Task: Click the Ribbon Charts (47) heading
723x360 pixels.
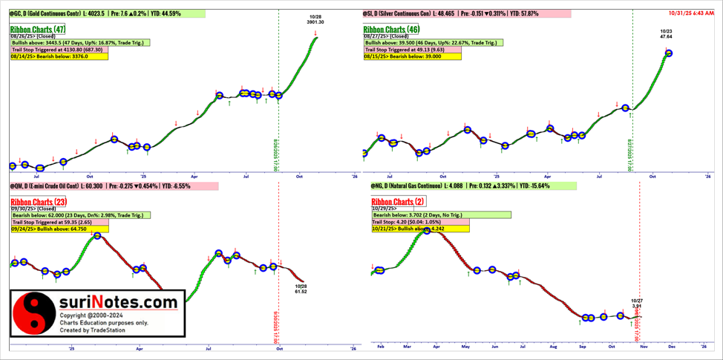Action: [x=38, y=30]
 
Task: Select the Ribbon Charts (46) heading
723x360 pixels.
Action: [x=390, y=30]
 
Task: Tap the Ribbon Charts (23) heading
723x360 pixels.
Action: [x=39, y=202]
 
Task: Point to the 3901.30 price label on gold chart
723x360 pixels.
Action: [x=315, y=22]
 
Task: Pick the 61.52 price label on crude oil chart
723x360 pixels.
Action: [x=300, y=292]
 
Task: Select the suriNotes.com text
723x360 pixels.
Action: [x=120, y=302]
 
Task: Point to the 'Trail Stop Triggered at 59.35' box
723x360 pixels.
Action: [x=59, y=222]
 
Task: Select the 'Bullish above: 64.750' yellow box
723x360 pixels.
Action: [x=59, y=229]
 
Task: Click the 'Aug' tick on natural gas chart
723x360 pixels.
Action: [x=553, y=346]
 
